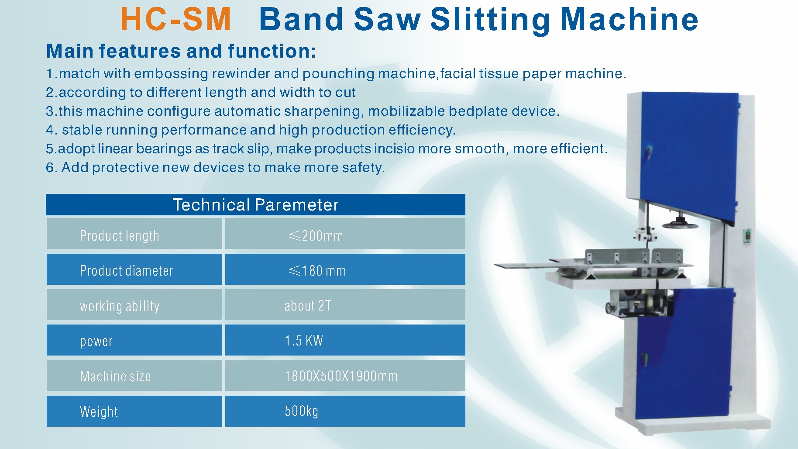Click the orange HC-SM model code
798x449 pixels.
[175, 20]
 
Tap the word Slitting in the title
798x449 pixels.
[491, 20]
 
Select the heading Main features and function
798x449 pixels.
[181, 51]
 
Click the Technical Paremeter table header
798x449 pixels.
[255, 205]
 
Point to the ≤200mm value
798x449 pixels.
[316, 236]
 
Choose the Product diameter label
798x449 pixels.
[127, 271]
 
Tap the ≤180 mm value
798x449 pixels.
[317, 271]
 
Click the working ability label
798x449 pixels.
[120, 306]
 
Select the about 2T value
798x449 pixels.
[308, 306]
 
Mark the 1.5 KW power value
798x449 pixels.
[304, 341]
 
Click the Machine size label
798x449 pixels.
[115, 376]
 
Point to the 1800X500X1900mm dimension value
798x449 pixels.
[341, 376]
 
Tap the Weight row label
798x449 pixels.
[99, 411]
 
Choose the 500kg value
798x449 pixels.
[302, 411]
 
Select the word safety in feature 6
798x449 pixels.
[362, 168]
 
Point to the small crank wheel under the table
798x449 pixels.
[609, 307]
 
